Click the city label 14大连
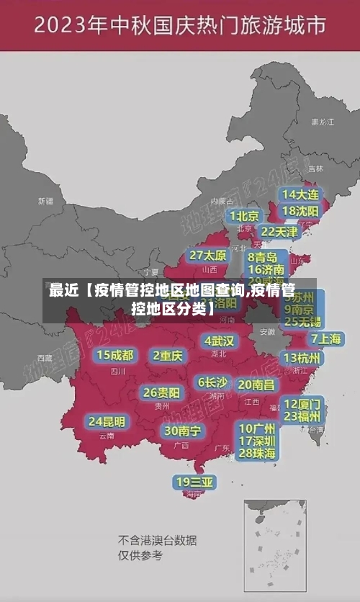coord(301,194)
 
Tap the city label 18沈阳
coord(301,211)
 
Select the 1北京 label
coord(244,215)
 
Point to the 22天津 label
coord(279,232)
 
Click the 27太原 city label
coord(208,255)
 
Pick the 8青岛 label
coord(263,256)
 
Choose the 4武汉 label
coord(219,340)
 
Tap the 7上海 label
coord(325,338)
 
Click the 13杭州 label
coord(302,358)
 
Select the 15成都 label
coord(115,354)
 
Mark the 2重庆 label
coord(168,355)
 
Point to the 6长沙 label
coord(212,382)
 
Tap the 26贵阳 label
coord(161,392)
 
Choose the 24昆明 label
coord(107,421)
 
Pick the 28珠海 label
coord(257,454)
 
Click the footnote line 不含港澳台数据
coord(157,539)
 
